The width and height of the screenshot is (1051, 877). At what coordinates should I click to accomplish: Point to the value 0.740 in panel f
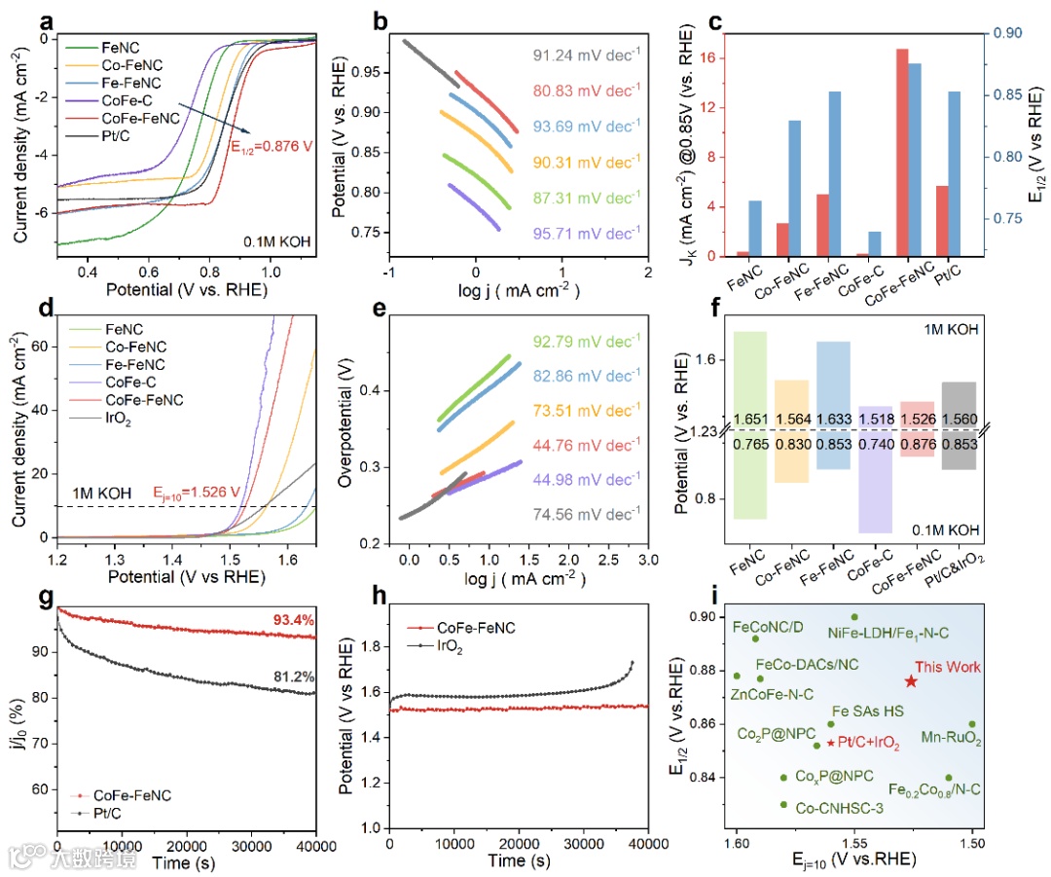[874, 444]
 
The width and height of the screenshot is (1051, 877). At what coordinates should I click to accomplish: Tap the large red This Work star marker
[911, 681]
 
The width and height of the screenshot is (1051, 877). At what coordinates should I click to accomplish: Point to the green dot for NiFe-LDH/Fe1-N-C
[854, 617]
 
